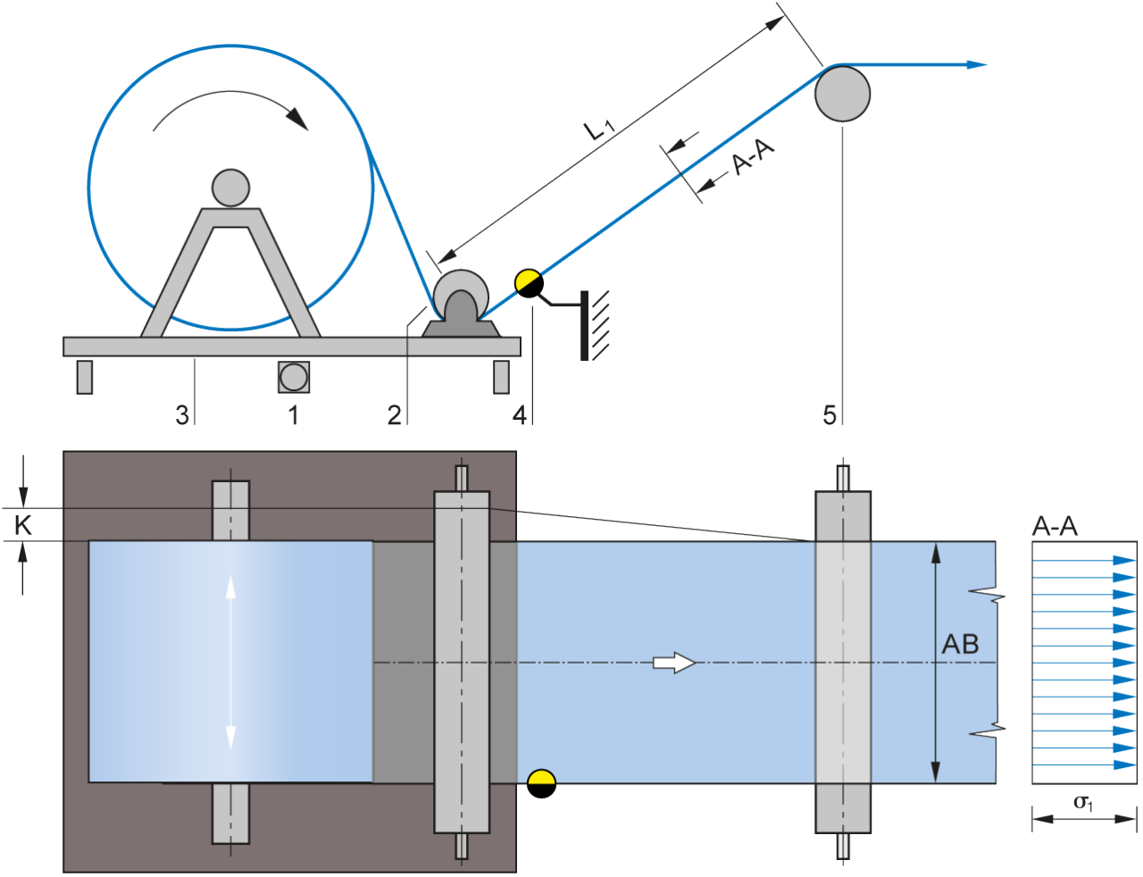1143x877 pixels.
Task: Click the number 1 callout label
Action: tap(293, 415)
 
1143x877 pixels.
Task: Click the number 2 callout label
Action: tap(394, 415)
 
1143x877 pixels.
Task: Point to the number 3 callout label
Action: tap(182, 415)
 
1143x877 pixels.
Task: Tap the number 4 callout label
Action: tap(520, 415)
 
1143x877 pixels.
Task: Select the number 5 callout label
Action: tap(830, 415)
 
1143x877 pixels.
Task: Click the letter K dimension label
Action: tap(23, 525)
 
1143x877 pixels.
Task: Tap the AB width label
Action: tap(961, 644)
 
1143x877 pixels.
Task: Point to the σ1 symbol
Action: tap(1082, 803)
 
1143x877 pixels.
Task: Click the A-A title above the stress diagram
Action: tap(1055, 526)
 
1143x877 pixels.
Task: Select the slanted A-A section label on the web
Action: tap(753, 158)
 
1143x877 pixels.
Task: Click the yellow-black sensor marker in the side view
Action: tap(529, 284)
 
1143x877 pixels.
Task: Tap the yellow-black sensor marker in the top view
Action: tap(541, 783)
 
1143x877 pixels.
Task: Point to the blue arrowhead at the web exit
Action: tap(977, 64)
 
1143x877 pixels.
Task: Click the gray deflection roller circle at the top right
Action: tap(842, 93)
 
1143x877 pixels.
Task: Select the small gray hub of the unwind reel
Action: tap(230, 188)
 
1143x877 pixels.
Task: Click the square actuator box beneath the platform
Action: tap(293, 377)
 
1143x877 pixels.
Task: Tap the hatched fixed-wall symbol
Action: tap(595, 325)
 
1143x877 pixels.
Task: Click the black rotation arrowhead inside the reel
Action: tap(297, 119)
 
